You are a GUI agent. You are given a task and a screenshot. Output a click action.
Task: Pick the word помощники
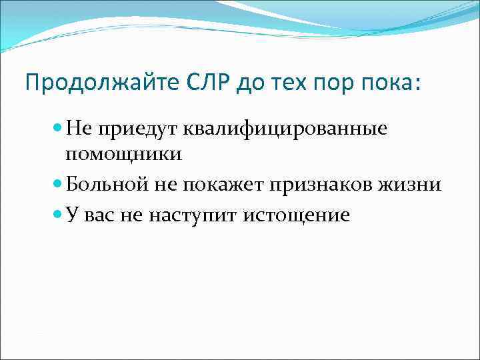click(x=123, y=154)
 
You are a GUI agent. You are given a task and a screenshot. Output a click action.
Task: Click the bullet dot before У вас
click(x=57, y=216)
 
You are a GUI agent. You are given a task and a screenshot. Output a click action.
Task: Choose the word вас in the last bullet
click(x=97, y=215)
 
